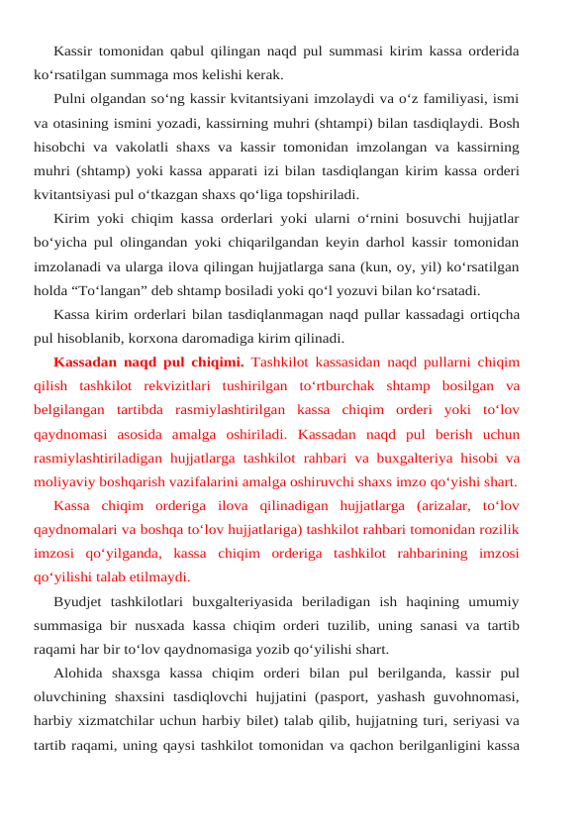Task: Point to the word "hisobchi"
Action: tap(59, 147)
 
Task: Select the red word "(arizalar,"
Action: tap(427, 506)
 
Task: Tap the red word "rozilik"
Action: tap(498, 530)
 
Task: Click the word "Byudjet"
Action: tap(81, 602)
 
